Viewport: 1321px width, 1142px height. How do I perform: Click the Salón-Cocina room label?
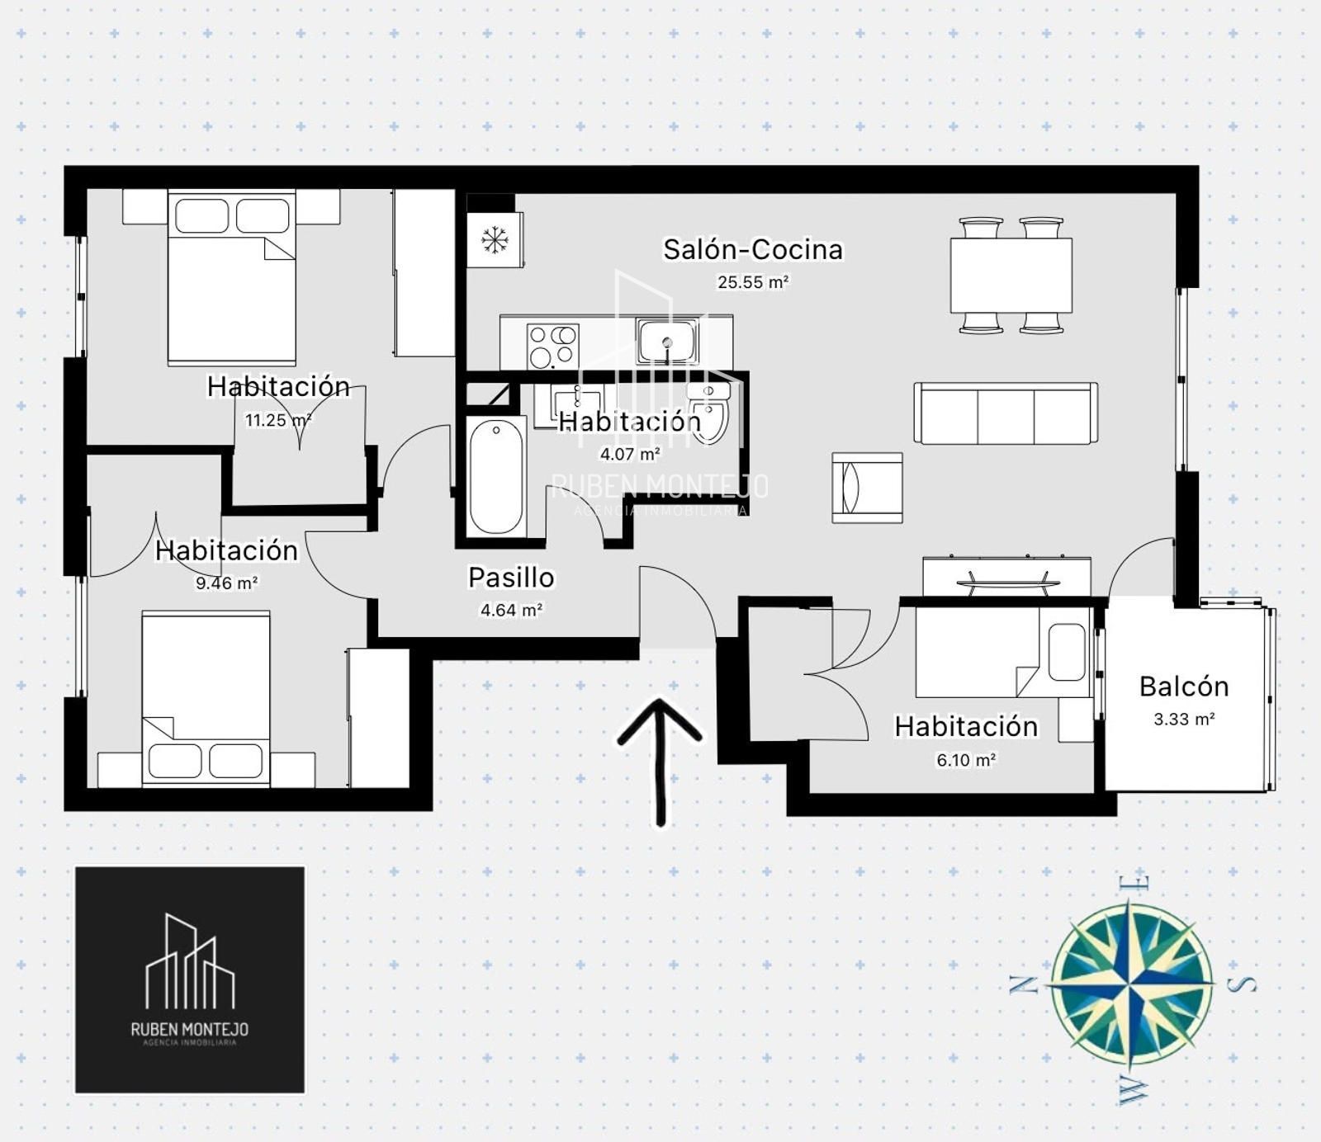tap(753, 249)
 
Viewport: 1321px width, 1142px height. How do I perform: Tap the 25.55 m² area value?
tap(753, 282)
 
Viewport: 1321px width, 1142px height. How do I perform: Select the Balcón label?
tap(1184, 687)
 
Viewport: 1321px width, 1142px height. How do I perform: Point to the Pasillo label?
tap(511, 578)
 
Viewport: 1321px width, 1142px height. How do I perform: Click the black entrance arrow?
tap(660, 761)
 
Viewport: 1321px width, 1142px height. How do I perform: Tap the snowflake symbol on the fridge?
tap(495, 240)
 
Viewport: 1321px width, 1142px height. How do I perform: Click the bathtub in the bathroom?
tap(496, 478)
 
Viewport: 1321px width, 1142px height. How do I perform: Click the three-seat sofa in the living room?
tap(1006, 413)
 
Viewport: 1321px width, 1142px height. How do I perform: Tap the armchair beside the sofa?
tap(867, 488)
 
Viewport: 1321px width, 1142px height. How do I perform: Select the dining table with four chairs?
tap(1011, 276)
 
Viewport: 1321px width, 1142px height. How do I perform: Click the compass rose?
tap(1132, 984)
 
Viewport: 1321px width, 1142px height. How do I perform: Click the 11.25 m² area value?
tap(278, 420)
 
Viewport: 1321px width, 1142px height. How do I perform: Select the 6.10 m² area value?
tap(966, 760)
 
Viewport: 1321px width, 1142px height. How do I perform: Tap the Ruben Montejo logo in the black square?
tap(190, 979)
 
